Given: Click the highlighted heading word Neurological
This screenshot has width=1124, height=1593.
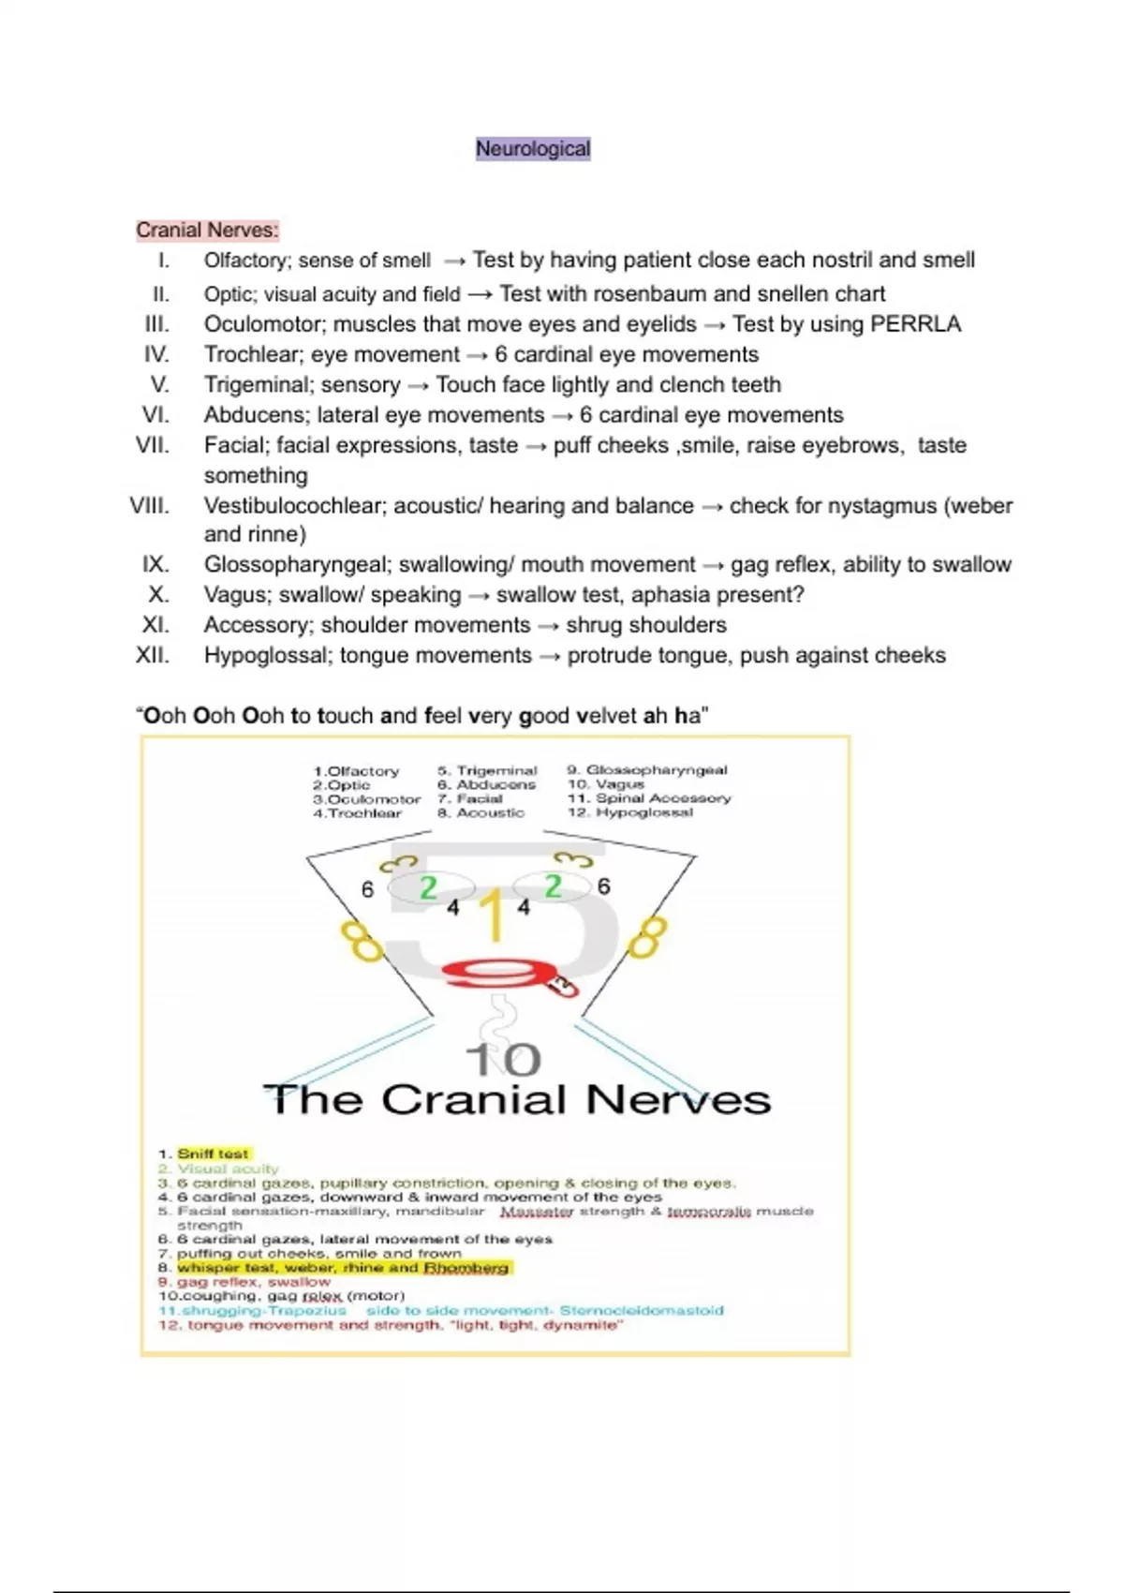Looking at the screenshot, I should (533, 149).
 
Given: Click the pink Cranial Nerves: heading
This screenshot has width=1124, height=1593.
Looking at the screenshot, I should (207, 230).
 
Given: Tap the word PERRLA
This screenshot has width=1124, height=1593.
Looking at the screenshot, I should (915, 324).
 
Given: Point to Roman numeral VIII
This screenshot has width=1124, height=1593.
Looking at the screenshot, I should (150, 506).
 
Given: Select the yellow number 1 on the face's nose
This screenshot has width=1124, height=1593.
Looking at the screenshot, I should (493, 916).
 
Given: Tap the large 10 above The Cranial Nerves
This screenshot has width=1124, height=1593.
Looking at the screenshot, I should (504, 1060).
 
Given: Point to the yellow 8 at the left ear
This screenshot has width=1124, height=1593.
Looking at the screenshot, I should (362, 941).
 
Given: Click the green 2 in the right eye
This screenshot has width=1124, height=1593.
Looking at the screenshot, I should (553, 886).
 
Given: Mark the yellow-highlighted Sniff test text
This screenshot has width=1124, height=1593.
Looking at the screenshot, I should (214, 1154).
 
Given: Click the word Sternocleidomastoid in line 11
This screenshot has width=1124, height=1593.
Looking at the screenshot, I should (642, 1310).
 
